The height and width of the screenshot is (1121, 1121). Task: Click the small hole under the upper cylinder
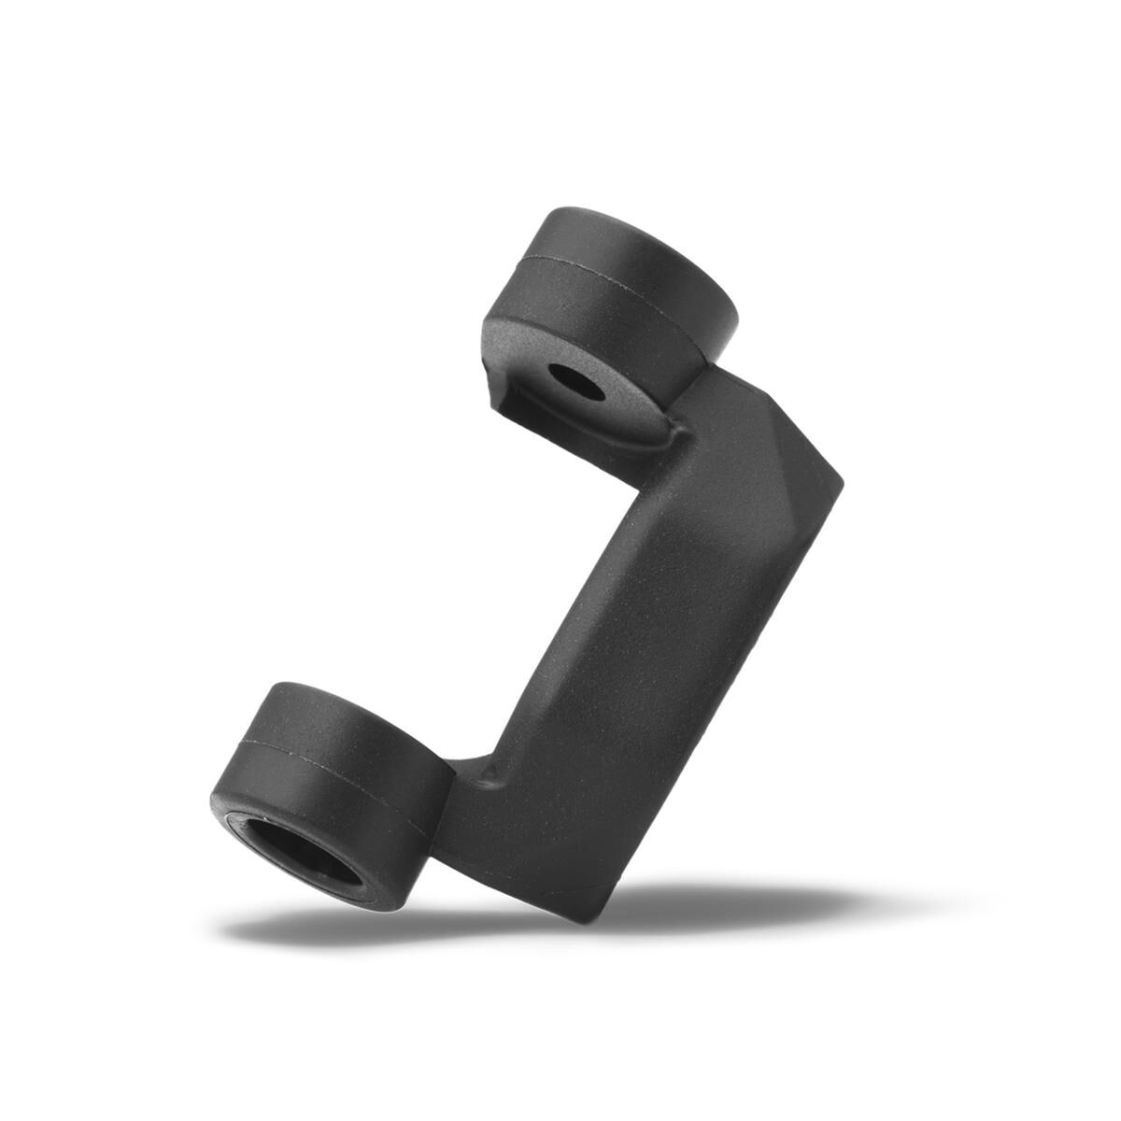[x=566, y=378]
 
